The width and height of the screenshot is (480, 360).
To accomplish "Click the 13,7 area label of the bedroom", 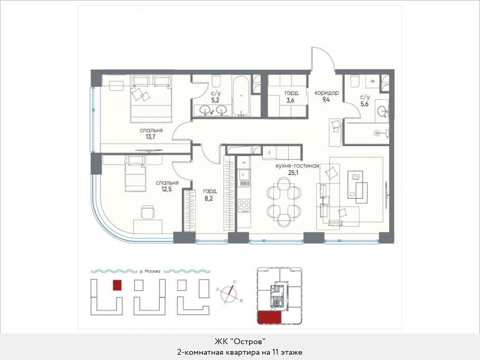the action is pyautogui.click(x=150, y=137).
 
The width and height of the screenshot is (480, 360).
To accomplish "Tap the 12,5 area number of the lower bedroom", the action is pyautogui.click(x=167, y=189).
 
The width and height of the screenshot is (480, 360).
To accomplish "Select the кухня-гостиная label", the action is pyautogui.click(x=297, y=166).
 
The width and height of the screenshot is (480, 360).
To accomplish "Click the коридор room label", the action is pyautogui.click(x=327, y=93).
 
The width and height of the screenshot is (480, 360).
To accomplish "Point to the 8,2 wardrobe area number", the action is pyautogui.click(x=208, y=198).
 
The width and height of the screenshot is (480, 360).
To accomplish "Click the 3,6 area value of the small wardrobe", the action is pyautogui.click(x=290, y=100).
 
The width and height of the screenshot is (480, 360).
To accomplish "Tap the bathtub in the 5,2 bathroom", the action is pyautogui.click(x=242, y=96).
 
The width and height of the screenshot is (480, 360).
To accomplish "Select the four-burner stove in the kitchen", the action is pyautogui.click(x=244, y=206).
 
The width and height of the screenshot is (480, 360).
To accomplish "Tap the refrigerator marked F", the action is pyautogui.click(x=270, y=153).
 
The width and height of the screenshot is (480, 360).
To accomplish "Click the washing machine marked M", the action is pyautogui.click(x=372, y=81).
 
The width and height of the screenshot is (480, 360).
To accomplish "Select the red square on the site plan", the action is pyautogui.click(x=117, y=285).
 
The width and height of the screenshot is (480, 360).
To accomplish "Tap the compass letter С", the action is pyautogui.click(x=234, y=282).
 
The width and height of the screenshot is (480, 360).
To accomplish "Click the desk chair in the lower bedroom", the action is pyautogui.click(x=148, y=212).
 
